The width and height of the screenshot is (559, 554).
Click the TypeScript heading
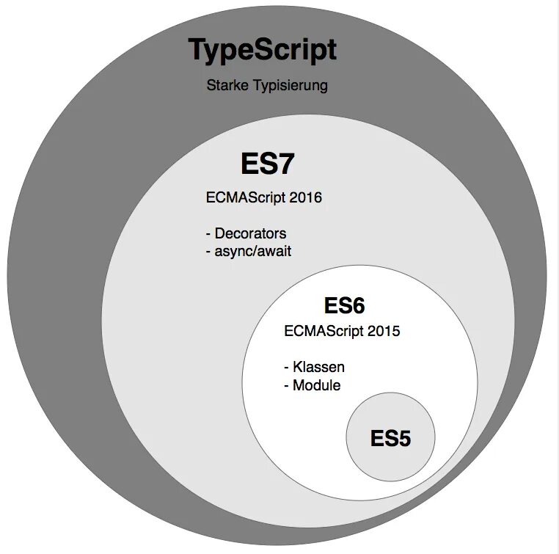pos(263,51)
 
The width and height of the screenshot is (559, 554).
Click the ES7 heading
pos(267,164)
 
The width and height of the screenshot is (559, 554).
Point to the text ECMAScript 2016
pos(264,197)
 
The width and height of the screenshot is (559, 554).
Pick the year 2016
pos(307,197)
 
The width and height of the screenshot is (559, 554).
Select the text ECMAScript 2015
pos(342,331)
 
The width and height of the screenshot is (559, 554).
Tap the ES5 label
pos(390,439)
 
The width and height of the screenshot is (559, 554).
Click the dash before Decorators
pos(208,234)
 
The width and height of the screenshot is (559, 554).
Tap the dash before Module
pos(286,385)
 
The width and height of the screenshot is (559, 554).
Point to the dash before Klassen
pos(286,368)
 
